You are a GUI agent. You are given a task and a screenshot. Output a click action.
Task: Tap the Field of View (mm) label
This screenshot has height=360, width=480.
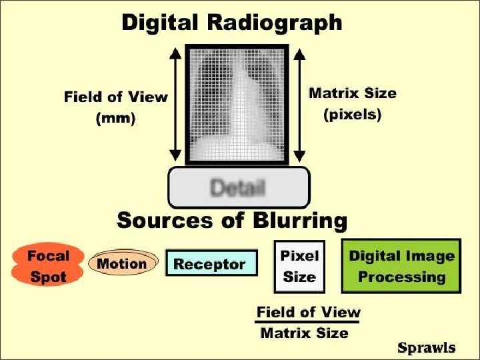click(116, 108)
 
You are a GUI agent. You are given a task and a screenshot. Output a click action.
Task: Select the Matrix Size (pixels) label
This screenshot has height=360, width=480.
click(352, 103)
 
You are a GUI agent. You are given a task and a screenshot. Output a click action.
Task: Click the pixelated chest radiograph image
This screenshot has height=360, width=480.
click(237, 105)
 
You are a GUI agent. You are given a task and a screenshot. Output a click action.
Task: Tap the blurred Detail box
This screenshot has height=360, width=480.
click(238, 187)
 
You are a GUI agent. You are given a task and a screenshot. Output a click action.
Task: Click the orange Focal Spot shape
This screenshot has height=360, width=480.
click(48, 265)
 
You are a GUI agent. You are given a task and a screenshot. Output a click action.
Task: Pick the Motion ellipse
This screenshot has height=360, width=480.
click(123, 263)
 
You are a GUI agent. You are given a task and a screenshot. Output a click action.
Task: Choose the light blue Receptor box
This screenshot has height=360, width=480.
click(210, 264)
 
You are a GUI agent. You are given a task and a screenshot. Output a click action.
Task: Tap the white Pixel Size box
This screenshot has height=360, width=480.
click(299, 266)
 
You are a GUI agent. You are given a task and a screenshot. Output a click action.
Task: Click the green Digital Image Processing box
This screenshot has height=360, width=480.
click(401, 266)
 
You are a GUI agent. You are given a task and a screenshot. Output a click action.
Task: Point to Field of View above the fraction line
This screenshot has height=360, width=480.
click(308, 312)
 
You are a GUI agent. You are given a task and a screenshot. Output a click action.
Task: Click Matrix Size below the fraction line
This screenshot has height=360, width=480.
click(304, 333)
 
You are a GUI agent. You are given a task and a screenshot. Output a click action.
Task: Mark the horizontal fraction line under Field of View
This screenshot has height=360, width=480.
click(307, 323)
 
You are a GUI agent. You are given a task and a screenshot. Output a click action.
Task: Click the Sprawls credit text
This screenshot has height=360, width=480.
click(426, 347)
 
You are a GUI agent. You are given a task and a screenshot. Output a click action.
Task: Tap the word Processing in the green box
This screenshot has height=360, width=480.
click(402, 277)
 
